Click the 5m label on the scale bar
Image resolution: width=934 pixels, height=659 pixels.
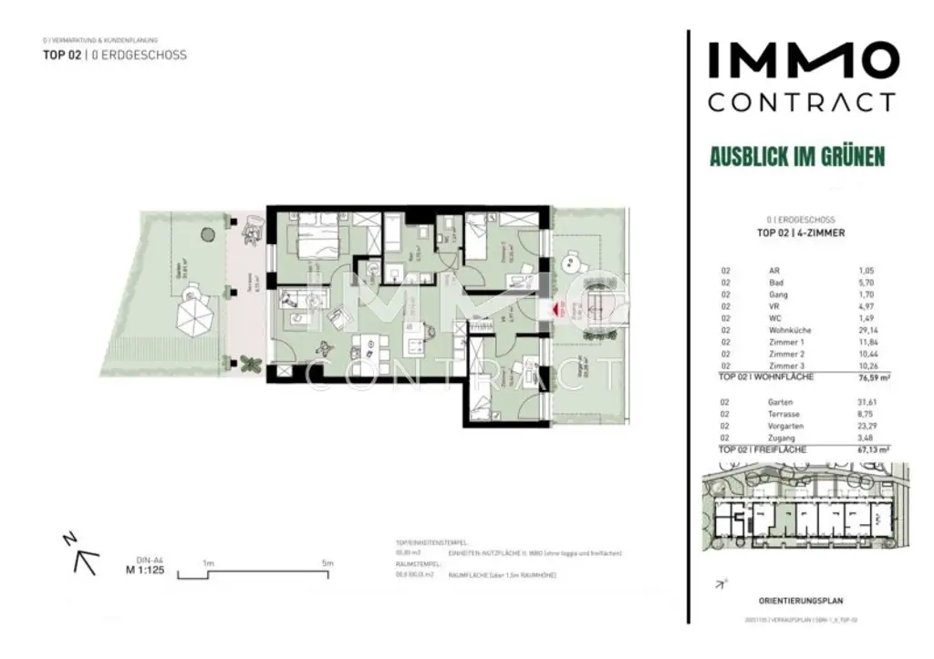pyautogui.click(x=327, y=563)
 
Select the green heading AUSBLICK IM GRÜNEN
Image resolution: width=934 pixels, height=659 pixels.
pyautogui.click(x=797, y=157)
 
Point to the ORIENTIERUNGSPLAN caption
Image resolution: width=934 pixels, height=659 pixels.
pyautogui.click(x=801, y=601)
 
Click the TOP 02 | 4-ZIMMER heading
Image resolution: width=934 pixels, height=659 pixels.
pyautogui.click(x=801, y=233)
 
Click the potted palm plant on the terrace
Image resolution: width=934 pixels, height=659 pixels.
pyautogui.click(x=251, y=364)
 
